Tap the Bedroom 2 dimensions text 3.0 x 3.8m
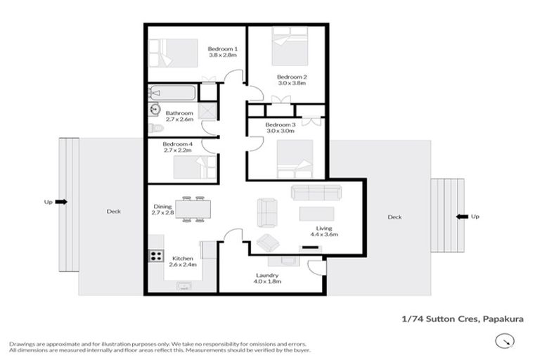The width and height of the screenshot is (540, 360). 291,84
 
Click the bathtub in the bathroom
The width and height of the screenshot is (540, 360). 172,93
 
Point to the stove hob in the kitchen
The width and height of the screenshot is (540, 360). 155,256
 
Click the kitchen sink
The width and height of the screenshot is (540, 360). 185,285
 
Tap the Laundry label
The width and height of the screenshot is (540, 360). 267,275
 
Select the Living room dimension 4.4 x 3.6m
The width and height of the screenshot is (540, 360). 323,235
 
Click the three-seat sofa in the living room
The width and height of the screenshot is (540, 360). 316,192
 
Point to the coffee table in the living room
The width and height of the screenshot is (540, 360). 317,213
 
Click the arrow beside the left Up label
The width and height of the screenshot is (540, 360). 61,202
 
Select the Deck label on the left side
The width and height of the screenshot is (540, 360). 113,211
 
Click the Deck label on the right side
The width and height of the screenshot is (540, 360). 394,217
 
